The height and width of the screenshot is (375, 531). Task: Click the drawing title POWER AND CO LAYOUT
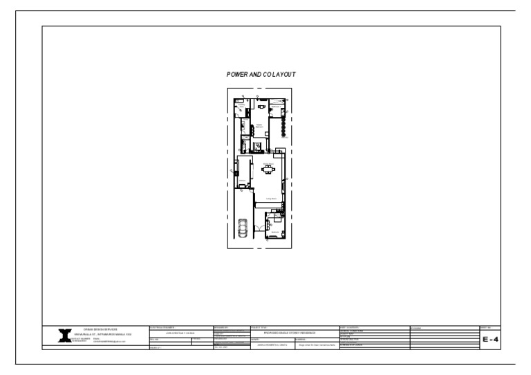[x=261, y=74]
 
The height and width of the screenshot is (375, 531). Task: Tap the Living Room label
[x=272, y=199]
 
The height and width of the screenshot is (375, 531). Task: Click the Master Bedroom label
[x=259, y=125]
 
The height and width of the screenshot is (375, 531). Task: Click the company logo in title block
[x=66, y=335]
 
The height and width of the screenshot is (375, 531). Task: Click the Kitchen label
[x=243, y=180]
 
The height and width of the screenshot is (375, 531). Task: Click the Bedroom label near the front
[x=274, y=232]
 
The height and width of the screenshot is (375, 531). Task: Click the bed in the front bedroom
[x=278, y=221]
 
